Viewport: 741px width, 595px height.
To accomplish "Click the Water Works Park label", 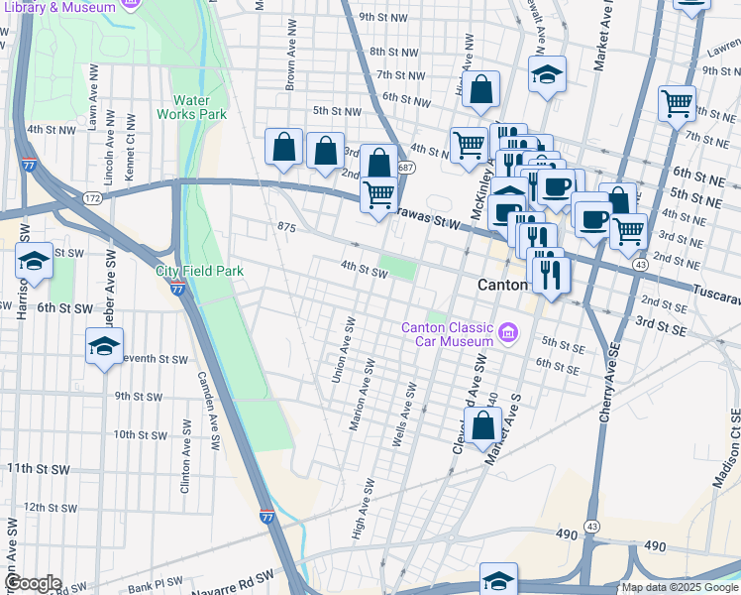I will pyautogui.click(x=199, y=107).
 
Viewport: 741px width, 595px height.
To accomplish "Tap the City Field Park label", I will pyautogui.click(x=199, y=271).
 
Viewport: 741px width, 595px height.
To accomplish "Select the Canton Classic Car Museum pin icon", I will pyautogui.click(x=509, y=330).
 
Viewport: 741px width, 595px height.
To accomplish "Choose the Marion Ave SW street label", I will pyautogui.click(x=361, y=395).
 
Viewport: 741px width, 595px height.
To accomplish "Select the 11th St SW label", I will pyautogui.click(x=38, y=468).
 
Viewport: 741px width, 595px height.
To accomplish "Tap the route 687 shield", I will pyautogui.click(x=406, y=168).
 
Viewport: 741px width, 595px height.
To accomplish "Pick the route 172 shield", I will pyautogui.click(x=92, y=199).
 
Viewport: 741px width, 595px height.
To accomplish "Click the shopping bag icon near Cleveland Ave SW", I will pyautogui.click(x=482, y=425).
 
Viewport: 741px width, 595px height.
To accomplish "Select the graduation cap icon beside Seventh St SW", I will pyautogui.click(x=103, y=348).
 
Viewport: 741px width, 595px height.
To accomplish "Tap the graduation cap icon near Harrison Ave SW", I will pyautogui.click(x=34, y=263).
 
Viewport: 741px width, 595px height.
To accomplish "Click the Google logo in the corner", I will pyautogui.click(x=33, y=583).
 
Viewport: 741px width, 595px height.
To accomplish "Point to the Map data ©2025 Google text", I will pyautogui.click(x=680, y=587).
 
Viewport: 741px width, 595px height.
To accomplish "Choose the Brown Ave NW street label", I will pyautogui.click(x=289, y=68).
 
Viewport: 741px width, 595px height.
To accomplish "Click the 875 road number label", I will pyautogui.click(x=287, y=228).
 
